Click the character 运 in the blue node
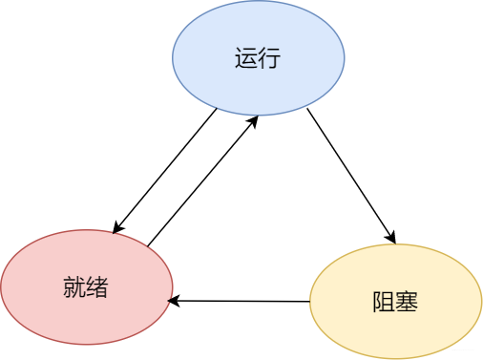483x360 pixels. pyautogui.click(x=245, y=59)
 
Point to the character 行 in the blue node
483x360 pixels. pyautogui.click(x=269, y=59)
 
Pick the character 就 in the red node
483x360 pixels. pyautogui.click(x=73, y=287)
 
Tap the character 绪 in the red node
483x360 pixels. pyautogui.click(x=97, y=287)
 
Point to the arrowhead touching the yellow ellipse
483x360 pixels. pyautogui.click(x=390, y=238)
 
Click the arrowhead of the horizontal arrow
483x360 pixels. pyautogui.click(x=174, y=301)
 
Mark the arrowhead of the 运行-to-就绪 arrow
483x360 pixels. pyautogui.click(x=116, y=228)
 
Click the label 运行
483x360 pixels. pyautogui.click(x=258, y=59)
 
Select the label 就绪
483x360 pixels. pyautogui.click(x=86, y=287)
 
